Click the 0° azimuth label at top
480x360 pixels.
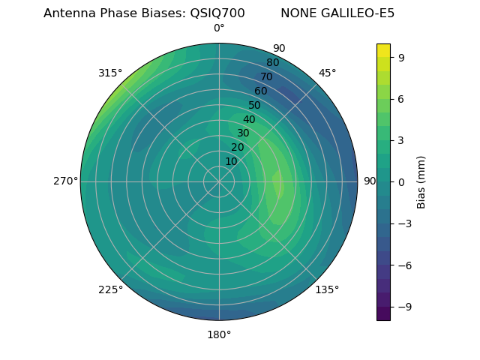pyautogui.click(x=219, y=28)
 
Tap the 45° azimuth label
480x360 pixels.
pyautogui.click(x=328, y=73)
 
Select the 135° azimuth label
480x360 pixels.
pyautogui.click(x=327, y=289)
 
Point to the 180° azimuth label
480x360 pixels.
pyautogui.click(x=219, y=334)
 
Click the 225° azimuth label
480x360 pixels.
pyautogui.click(x=110, y=289)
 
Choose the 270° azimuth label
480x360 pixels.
pyautogui.click(x=65, y=181)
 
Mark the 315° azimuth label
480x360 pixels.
pyautogui.click(x=110, y=73)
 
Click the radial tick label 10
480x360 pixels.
pyautogui.click(x=231, y=161)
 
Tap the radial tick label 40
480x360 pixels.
pyautogui.click(x=249, y=119)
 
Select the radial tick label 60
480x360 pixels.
pyautogui.click(x=261, y=91)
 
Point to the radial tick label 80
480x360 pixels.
pyautogui.click(x=273, y=63)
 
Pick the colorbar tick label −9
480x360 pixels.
pyautogui.click(x=404, y=307)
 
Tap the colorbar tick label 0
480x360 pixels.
pyautogui.click(x=401, y=181)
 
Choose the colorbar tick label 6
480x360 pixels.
pyautogui.click(x=401, y=98)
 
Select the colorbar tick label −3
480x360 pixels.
pyautogui.click(x=404, y=223)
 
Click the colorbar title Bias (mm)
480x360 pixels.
pyautogui.click(x=421, y=181)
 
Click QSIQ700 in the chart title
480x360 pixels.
pyautogui.click(x=212, y=13)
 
